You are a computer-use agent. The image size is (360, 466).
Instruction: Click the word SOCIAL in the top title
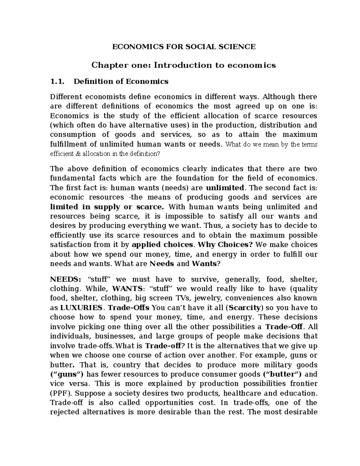198,47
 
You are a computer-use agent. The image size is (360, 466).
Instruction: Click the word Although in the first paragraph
279,97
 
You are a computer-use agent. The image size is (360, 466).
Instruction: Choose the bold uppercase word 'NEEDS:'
65,279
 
